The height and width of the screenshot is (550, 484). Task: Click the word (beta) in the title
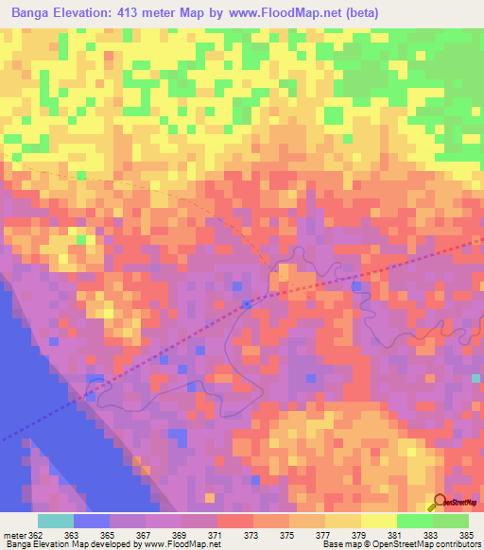coord(361,13)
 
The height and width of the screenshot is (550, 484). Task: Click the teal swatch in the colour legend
coord(56,521)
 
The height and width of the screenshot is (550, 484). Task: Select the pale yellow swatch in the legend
coord(378,521)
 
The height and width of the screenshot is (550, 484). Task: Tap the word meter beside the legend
coord(13,535)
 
